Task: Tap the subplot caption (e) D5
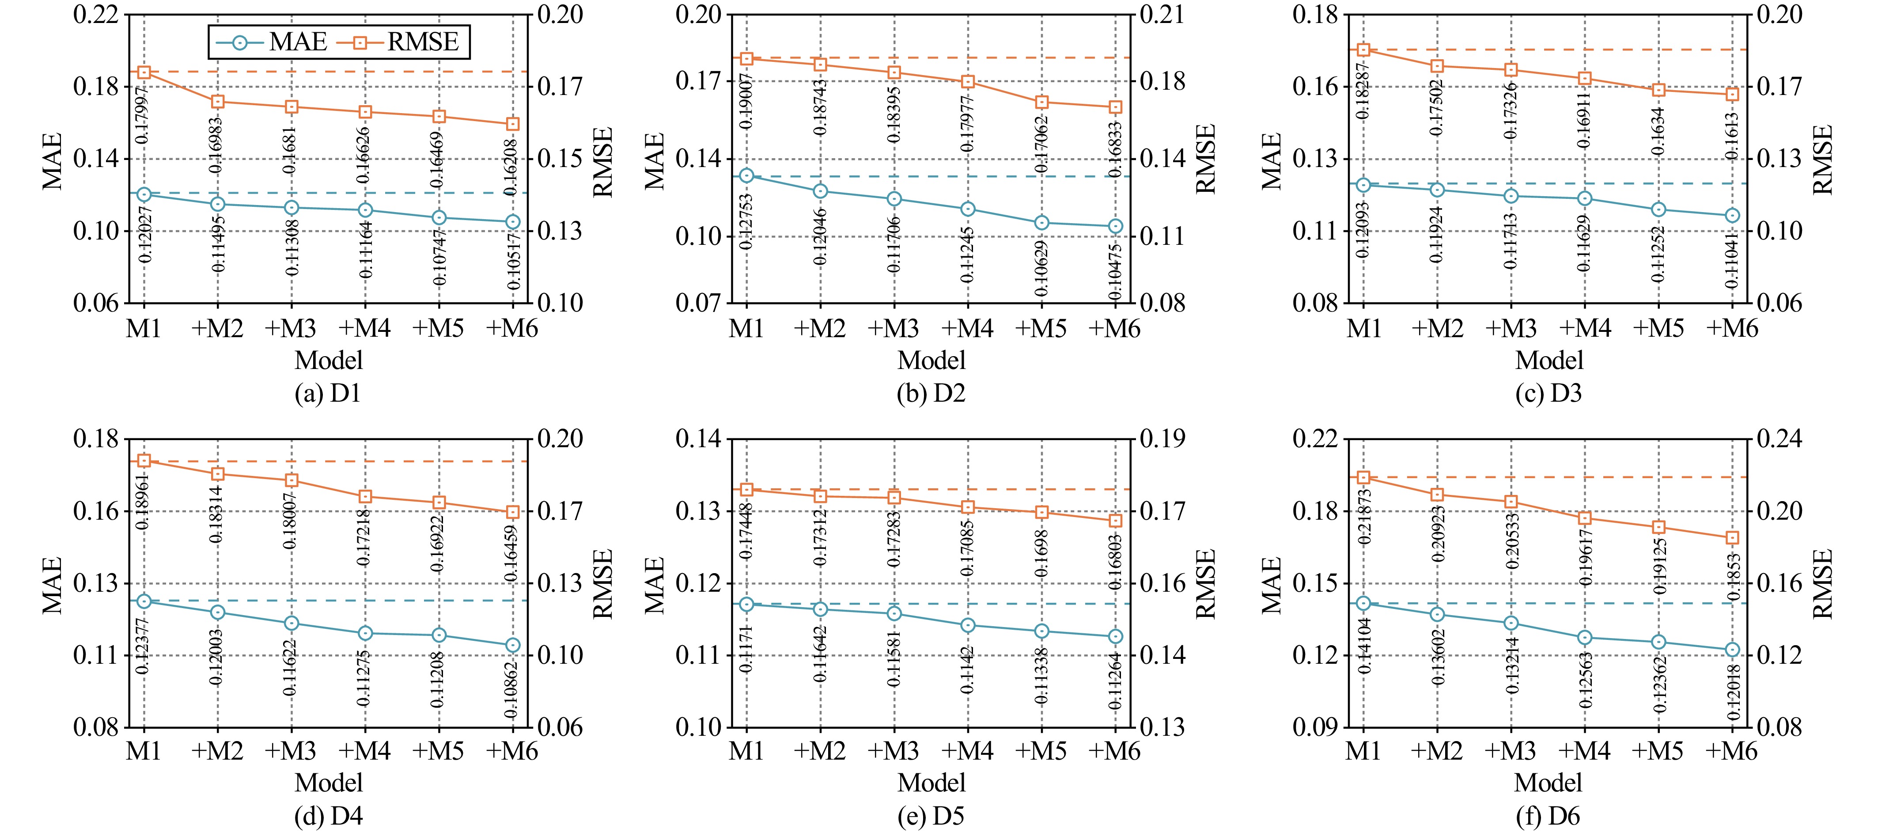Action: click(x=931, y=816)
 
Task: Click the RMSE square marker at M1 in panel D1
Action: click(x=144, y=72)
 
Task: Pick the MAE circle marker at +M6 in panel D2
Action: click(x=1115, y=226)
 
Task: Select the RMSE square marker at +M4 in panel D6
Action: click(x=1584, y=518)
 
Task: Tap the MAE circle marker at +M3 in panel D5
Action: click(x=894, y=613)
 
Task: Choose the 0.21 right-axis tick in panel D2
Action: click(x=1163, y=15)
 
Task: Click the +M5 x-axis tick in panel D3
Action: click(x=1658, y=329)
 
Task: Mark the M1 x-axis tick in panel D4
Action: click(x=144, y=751)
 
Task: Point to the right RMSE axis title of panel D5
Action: click(x=1206, y=583)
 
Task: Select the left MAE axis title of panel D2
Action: click(x=655, y=160)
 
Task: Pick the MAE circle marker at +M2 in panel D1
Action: click(x=217, y=204)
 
